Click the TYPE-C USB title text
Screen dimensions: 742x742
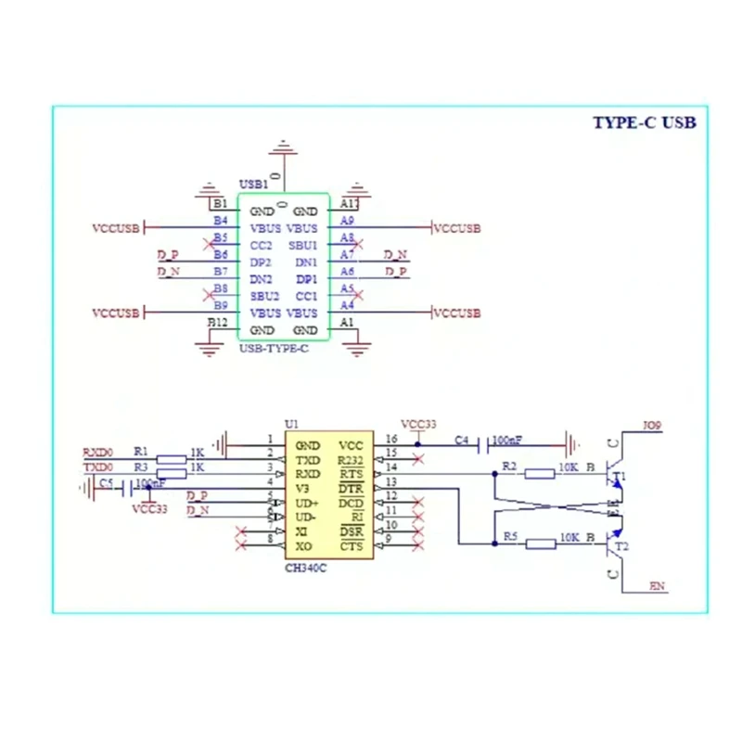tap(644, 122)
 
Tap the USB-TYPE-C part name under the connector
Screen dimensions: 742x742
tap(274, 348)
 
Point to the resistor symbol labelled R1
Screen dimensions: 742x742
tap(173, 459)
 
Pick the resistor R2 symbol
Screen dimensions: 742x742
tap(540, 474)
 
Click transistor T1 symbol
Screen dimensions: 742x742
tap(613, 478)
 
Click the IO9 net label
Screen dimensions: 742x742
tap(655, 428)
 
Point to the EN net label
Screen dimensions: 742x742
tap(657, 586)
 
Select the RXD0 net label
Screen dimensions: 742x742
tap(97, 452)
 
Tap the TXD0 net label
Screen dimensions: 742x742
tap(97, 467)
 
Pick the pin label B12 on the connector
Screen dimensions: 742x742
tap(217, 322)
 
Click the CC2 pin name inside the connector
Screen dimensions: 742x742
tap(262, 246)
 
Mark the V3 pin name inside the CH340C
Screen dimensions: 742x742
tap(302, 489)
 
